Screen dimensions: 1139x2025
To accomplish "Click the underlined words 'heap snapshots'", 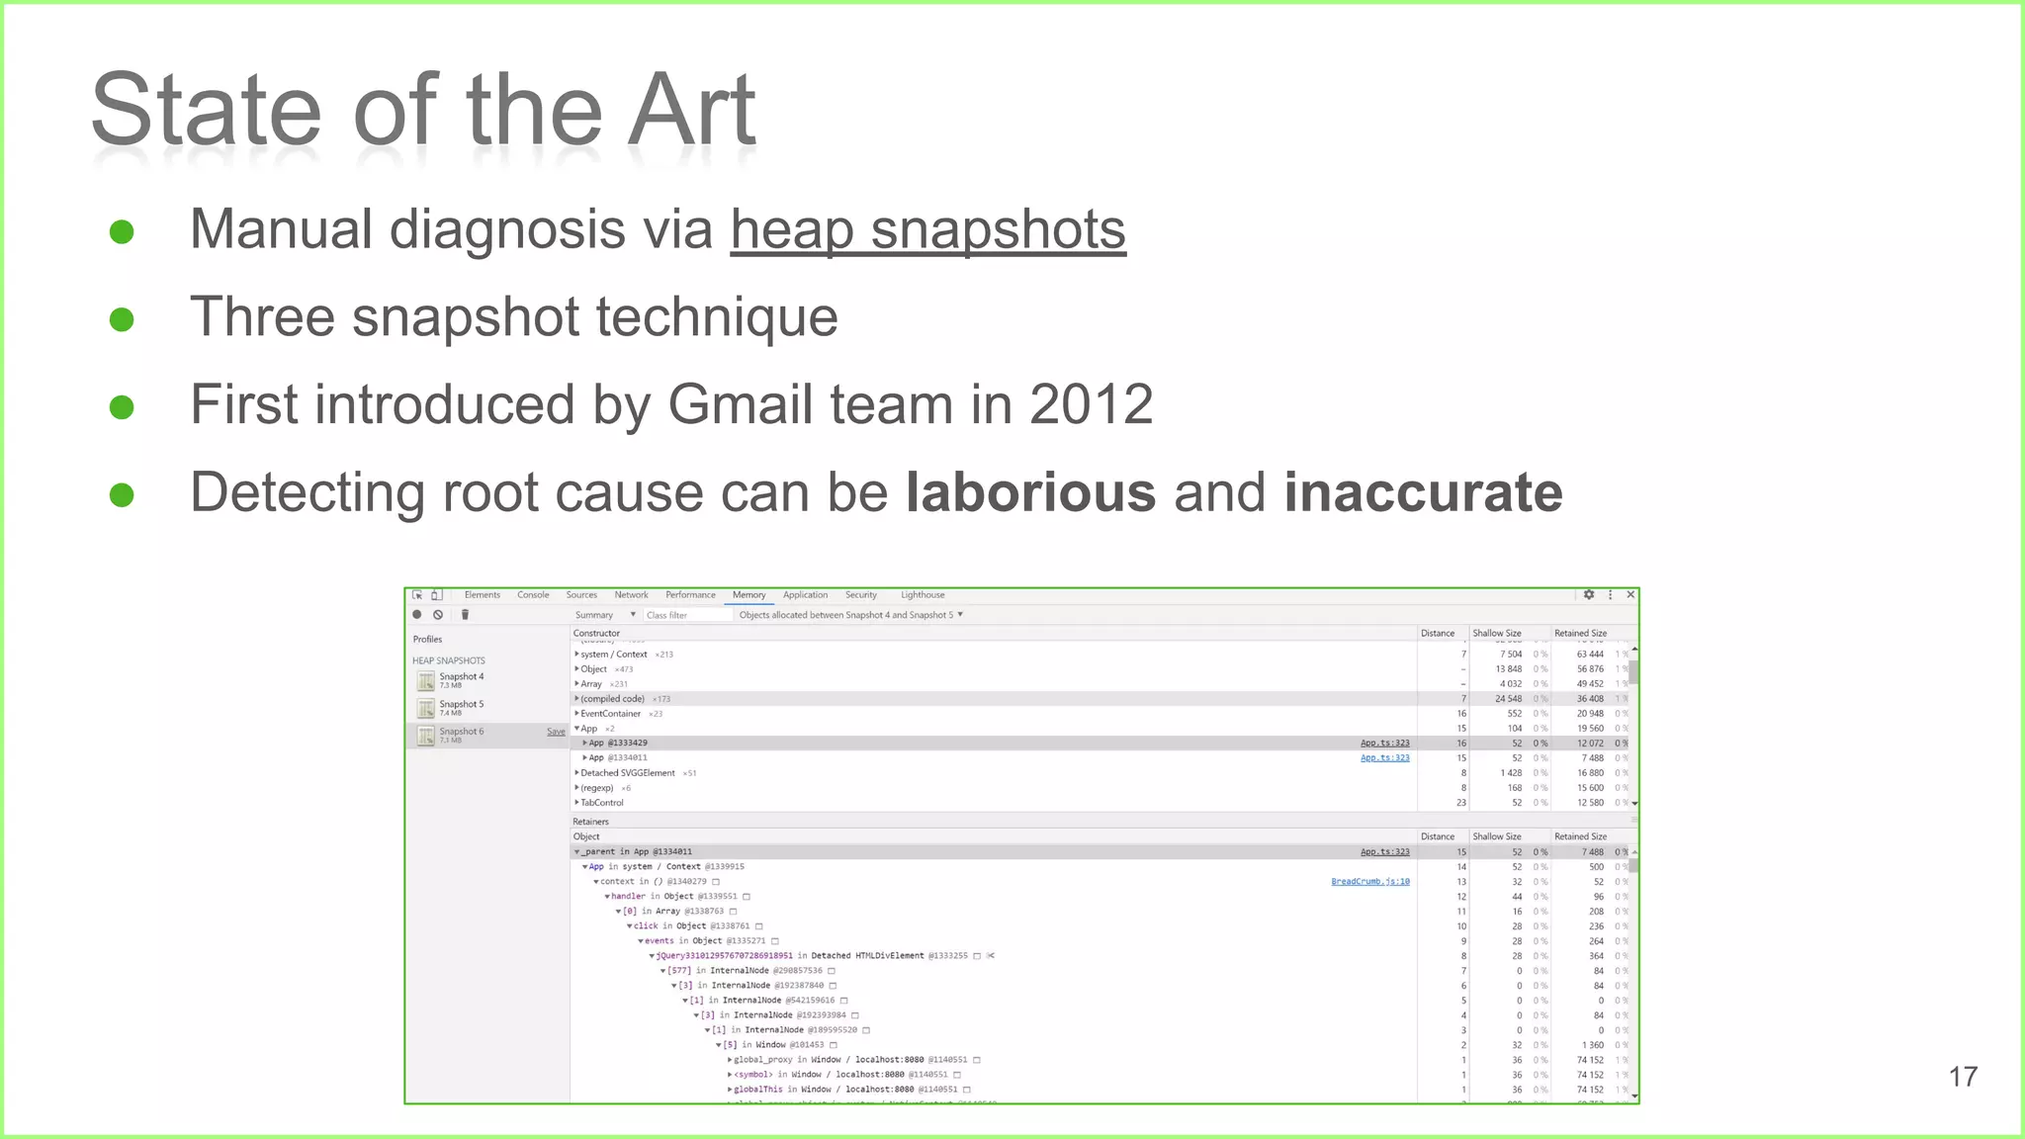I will tap(927, 230).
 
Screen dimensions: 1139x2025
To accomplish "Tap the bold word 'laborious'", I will tap(1030, 492).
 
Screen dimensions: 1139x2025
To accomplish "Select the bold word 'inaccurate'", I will tap(1423, 492).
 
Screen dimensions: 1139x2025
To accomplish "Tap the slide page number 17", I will tap(1963, 1077).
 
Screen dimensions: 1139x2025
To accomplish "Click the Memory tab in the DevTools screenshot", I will tap(748, 595).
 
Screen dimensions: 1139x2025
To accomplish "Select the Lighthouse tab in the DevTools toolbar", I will tap(923, 595).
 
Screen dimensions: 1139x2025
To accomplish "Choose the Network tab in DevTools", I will tap(631, 595).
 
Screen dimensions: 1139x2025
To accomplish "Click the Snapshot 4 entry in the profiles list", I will tap(461, 677).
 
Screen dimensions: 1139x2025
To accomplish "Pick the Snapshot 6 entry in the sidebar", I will tap(461, 733).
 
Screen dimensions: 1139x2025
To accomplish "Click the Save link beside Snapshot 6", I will tap(556, 733).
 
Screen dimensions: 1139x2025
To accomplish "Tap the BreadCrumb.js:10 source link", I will tap(1369, 882).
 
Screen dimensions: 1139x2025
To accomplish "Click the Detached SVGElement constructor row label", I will tap(628, 773).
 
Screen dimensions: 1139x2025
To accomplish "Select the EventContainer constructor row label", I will tap(611, 714).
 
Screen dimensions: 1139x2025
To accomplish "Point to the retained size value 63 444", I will tap(1590, 655).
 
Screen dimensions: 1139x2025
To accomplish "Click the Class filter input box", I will tap(687, 615).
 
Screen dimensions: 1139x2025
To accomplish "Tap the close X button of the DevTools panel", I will tap(1630, 595).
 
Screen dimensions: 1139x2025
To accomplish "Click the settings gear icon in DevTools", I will tap(1589, 595).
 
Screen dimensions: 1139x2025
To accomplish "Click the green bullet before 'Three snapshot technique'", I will tap(122, 319).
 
